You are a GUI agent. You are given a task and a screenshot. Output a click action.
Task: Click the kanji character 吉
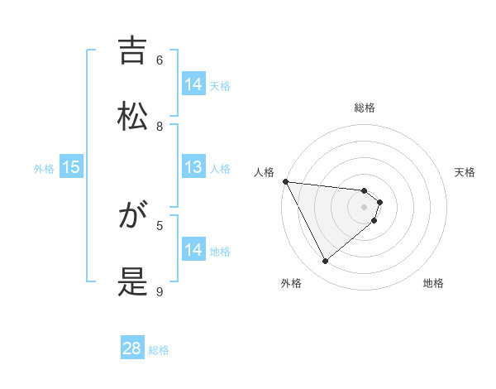click(133, 51)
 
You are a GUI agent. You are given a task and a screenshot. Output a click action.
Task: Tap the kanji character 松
click(133, 115)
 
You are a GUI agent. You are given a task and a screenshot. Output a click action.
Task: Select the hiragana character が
click(133, 217)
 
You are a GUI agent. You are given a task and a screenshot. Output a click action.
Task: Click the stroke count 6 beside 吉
click(160, 60)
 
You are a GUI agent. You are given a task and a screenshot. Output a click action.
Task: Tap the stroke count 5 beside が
click(160, 225)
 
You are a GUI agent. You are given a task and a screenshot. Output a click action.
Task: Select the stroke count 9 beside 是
click(160, 291)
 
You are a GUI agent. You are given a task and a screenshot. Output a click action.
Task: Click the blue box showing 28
click(132, 348)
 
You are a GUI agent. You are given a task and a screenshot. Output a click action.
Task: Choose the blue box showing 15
click(71, 167)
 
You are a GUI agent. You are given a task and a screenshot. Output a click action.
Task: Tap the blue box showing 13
click(193, 167)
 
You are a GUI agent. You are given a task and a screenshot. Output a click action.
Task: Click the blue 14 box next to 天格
click(193, 84)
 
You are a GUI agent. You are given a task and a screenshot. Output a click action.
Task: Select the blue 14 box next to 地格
click(193, 250)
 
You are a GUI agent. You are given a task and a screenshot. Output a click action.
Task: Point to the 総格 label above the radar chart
click(365, 108)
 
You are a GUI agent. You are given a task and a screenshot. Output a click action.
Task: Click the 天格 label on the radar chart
click(465, 172)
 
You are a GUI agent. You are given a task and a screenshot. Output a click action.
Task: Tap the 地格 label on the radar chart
click(433, 283)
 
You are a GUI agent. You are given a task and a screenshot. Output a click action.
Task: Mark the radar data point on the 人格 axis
click(285, 181)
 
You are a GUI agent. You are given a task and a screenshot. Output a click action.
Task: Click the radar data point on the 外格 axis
click(325, 262)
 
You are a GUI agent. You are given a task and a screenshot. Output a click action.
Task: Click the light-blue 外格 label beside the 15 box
click(44, 168)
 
